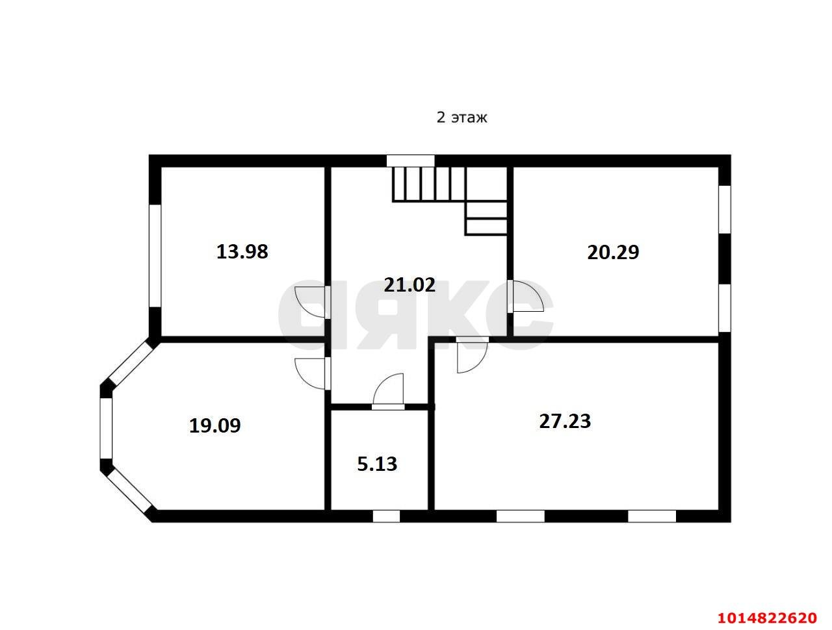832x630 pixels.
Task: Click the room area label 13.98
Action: [x=242, y=252]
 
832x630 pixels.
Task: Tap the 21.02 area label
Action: [x=409, y=284]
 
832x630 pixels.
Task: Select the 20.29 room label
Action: [x=613, y=252]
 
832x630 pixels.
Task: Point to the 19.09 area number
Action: [x=214, y=425]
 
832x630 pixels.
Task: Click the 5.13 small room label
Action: [x=377, y=464]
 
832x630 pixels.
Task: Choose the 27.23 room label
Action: [x=565, y=421]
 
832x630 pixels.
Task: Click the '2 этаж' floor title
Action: [x=461, y=118]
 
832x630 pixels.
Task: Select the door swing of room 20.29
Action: [x=527, y=296]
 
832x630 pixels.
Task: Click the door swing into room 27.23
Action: [x=472, y=358]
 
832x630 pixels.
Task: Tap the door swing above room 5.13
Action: [x=387, y=388]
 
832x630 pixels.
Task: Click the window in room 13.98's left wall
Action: [x=155, y=255]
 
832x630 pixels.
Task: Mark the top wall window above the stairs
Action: [x=410, y=160]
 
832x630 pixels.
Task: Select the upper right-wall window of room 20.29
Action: [x=725, y=209]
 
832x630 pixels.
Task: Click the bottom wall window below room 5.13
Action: [x=386, y=516]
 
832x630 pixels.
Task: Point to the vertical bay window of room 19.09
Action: [x=106, y=428]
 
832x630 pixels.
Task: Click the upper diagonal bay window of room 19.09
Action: [x=131, y=363]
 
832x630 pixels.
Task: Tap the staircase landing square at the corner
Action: [x=487, y=184]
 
